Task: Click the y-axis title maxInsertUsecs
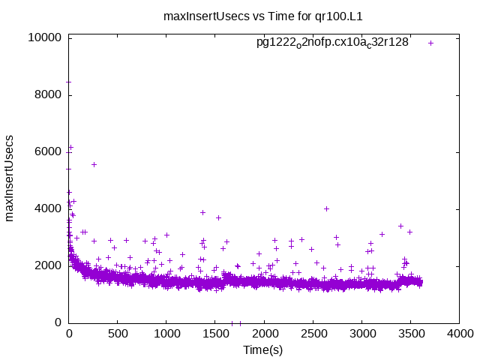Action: point(10,178)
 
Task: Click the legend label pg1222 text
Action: point(332,43)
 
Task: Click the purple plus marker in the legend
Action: point(430,43)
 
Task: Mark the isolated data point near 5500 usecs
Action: point(94,164)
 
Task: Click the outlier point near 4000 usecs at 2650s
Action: point(326,208)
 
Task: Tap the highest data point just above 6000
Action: point(70,147)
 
